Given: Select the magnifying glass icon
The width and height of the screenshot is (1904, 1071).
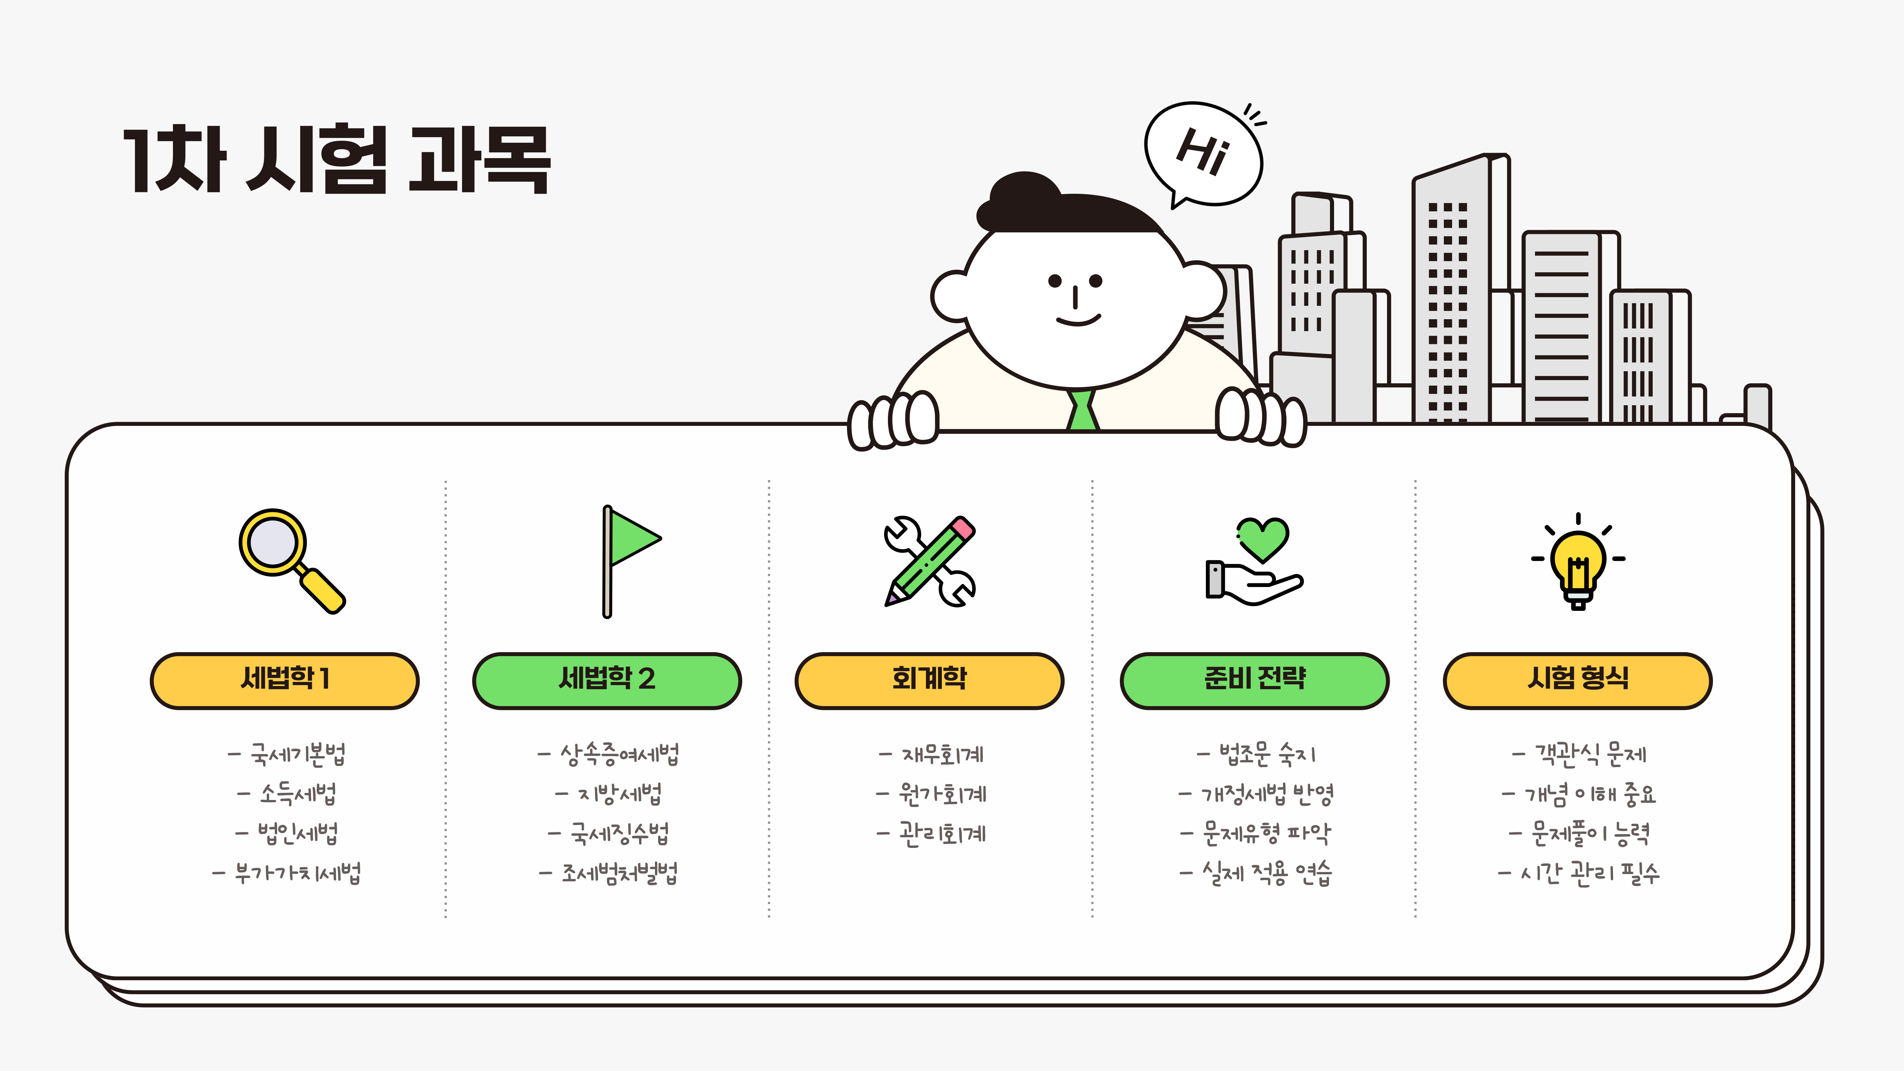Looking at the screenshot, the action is [290, 559].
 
